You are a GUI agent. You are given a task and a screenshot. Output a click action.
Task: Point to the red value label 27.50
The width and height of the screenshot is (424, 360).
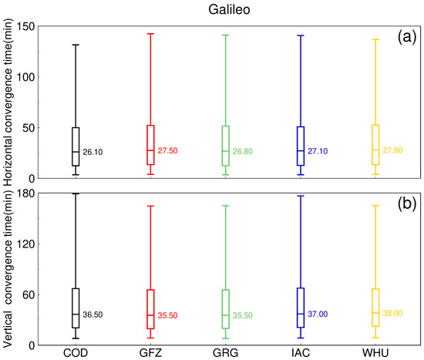point(169,150)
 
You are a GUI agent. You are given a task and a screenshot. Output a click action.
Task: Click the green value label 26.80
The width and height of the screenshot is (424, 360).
point(243,152)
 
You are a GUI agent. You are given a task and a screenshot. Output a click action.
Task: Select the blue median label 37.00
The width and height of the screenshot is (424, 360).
point(318,314)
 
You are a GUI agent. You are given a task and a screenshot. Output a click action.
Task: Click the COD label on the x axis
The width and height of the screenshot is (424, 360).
point(75,353)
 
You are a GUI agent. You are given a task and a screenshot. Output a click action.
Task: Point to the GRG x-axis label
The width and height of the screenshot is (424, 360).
point(224,353)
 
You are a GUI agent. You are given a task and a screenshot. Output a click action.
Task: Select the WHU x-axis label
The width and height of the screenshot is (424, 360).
point(375,353)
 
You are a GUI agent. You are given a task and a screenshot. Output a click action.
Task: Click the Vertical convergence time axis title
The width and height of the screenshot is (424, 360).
point(8,270)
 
